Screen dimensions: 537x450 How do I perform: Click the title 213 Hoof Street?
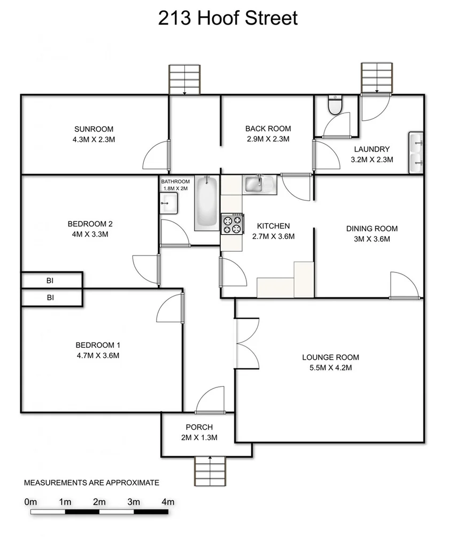pos(227,18)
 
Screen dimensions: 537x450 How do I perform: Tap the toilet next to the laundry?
pos(335,106)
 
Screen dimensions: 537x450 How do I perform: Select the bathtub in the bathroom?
pos(206,203)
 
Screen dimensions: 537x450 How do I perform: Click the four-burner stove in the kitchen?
pos(233,223)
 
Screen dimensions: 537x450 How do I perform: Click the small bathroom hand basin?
pos(169,202)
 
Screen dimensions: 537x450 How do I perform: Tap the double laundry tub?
pos(416,152)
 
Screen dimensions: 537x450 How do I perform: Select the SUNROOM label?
pos(94,129)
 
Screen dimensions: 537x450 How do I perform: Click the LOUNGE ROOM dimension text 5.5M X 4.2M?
pos(330,367)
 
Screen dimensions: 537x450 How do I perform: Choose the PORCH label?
pos(199,427)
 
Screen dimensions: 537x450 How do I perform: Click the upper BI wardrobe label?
pos(50,280)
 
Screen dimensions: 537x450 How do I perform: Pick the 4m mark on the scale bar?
pos(168,502)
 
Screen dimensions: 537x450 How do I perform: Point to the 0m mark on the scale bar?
pos(30,502)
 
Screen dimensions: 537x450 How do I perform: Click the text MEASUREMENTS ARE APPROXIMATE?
pos(91,482)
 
